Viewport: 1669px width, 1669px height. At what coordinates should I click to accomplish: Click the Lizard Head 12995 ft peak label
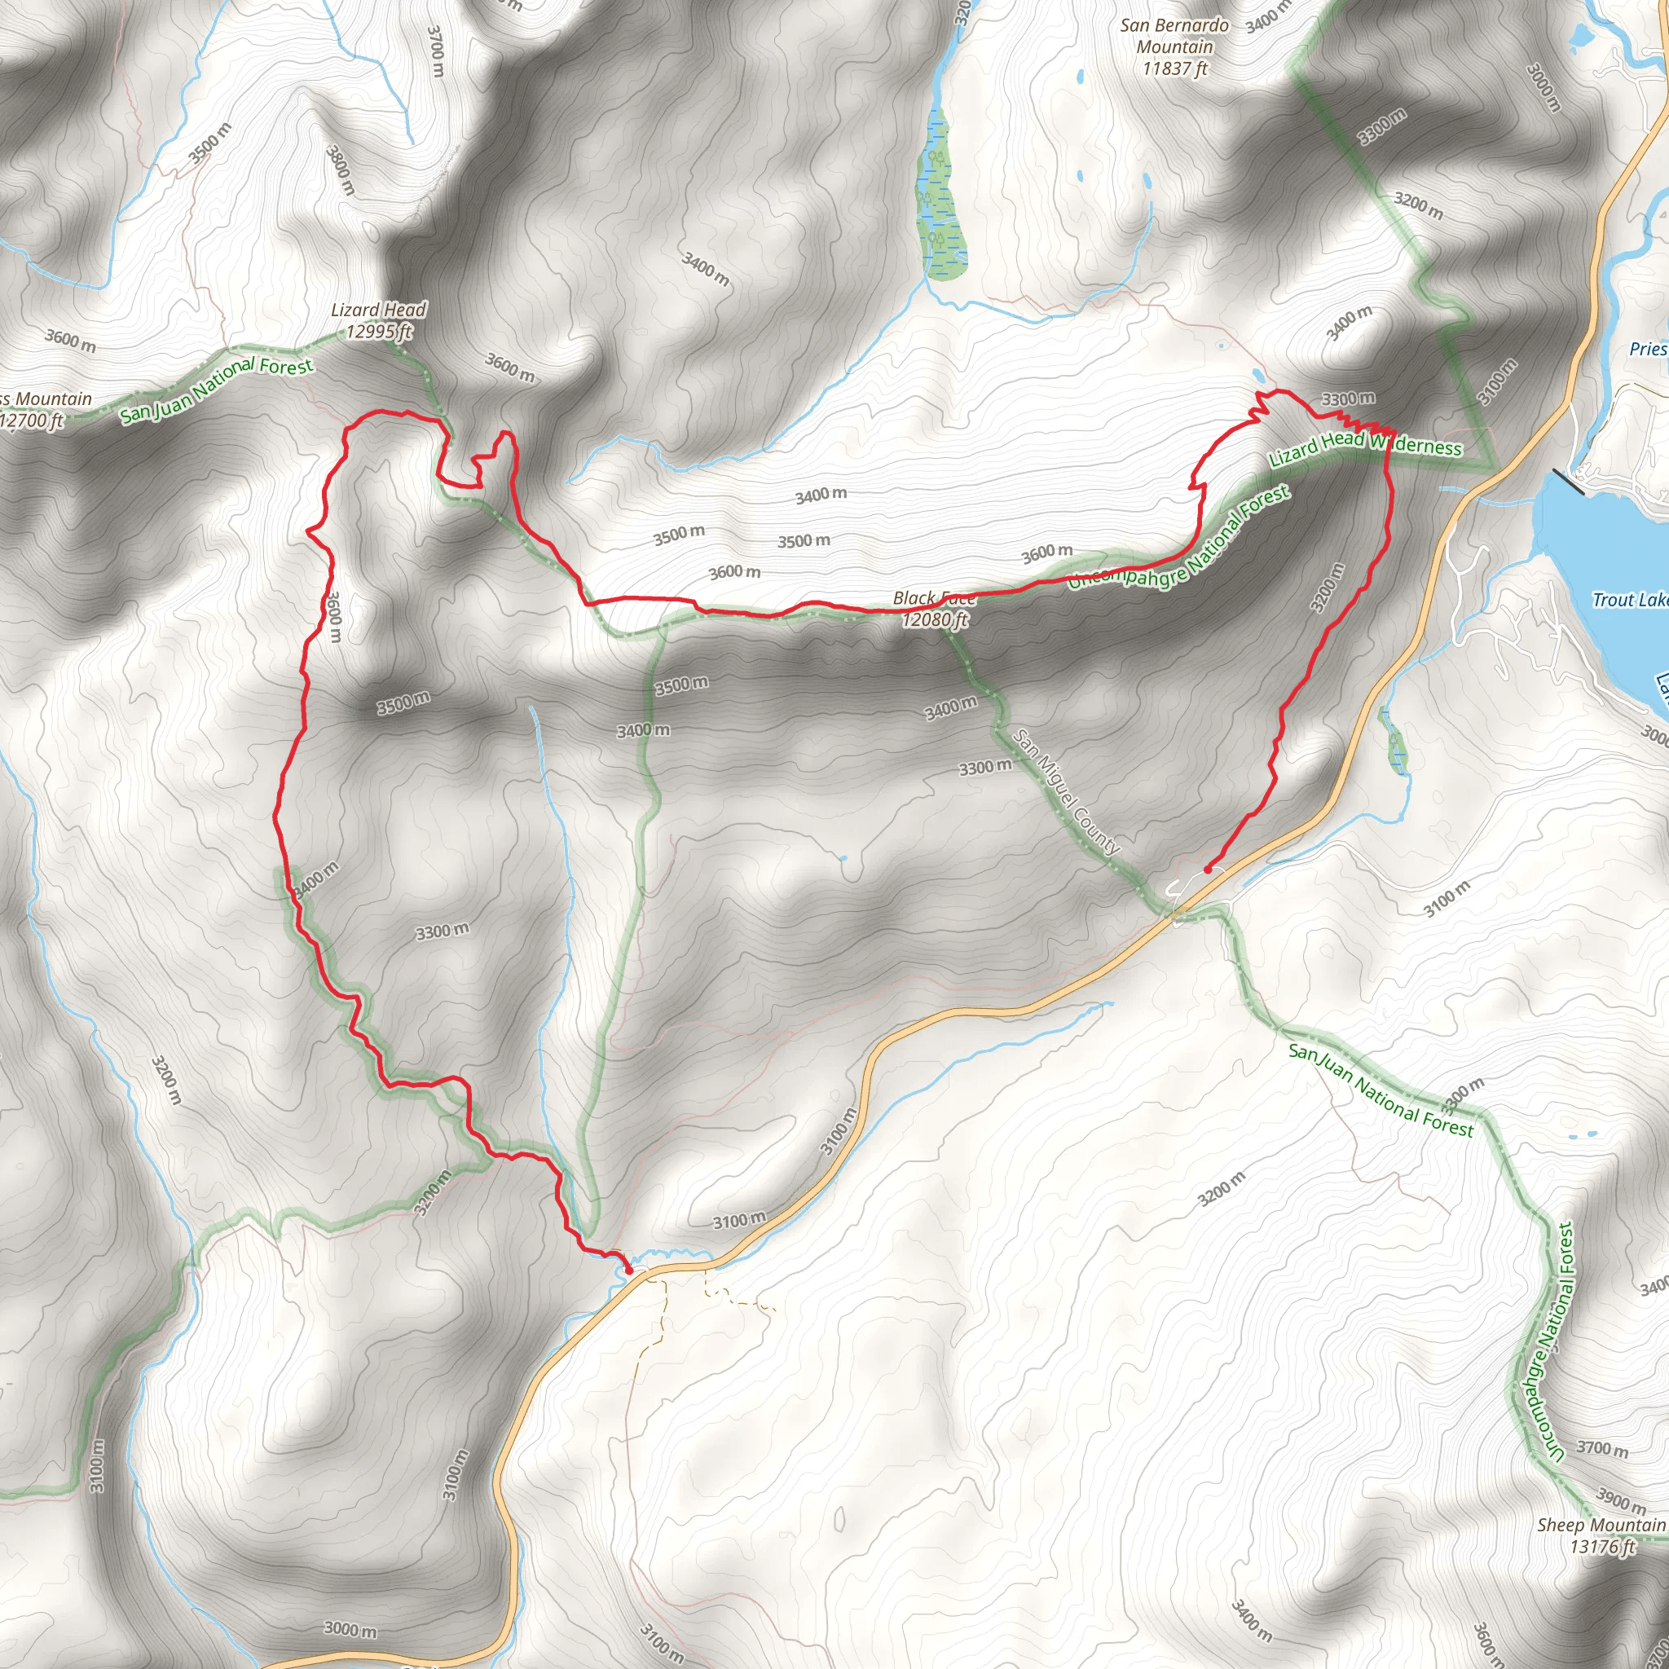click(x=378, y=320)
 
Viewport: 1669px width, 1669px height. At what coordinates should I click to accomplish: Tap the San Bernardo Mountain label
click(x=1174, y=46)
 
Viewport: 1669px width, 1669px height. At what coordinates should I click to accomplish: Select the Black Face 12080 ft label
click(x=934, y=609)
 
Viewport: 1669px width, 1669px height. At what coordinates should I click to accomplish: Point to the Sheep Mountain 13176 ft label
click(x=1601, y=1535)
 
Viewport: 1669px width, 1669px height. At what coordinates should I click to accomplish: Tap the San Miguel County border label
click(x=1066, y=792)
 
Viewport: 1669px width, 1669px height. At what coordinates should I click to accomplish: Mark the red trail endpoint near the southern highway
click(x=629, y=1270)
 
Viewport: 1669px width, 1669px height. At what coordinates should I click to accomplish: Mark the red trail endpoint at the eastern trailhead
click(x=1207, y=870)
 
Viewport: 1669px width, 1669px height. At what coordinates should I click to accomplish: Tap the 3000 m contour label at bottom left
click(x=350, y=1629)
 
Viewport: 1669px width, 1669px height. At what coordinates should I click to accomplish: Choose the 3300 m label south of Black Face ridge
click(x=984, y=767)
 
